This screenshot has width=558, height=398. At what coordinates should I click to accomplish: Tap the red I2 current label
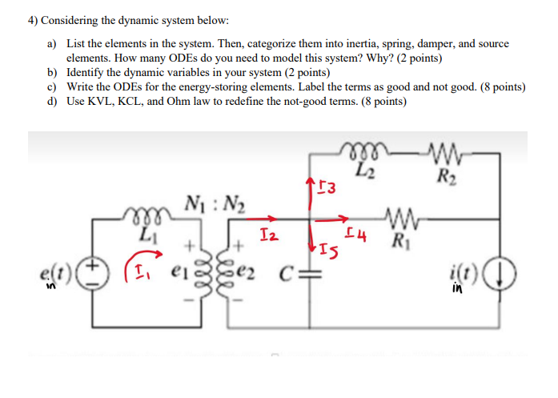click(270, 234)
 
